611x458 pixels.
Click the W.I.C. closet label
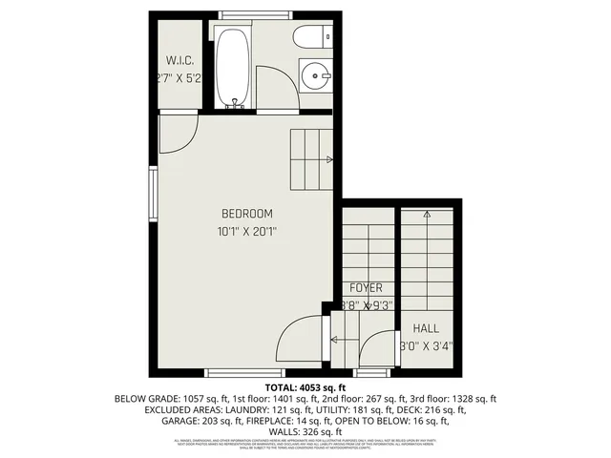(180, 59)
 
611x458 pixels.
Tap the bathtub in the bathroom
(234, 68)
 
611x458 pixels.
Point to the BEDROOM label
(247, 213)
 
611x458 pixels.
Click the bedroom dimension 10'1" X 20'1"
(247, 231)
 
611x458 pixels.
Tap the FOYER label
(366, 287)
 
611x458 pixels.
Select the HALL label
(426, 328)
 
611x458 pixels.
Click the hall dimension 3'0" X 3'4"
(426, 346)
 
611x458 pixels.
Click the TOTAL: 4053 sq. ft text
(305, 387)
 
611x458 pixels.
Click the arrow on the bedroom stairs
(329, 159)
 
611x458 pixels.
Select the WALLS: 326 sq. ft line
(305, 432)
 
